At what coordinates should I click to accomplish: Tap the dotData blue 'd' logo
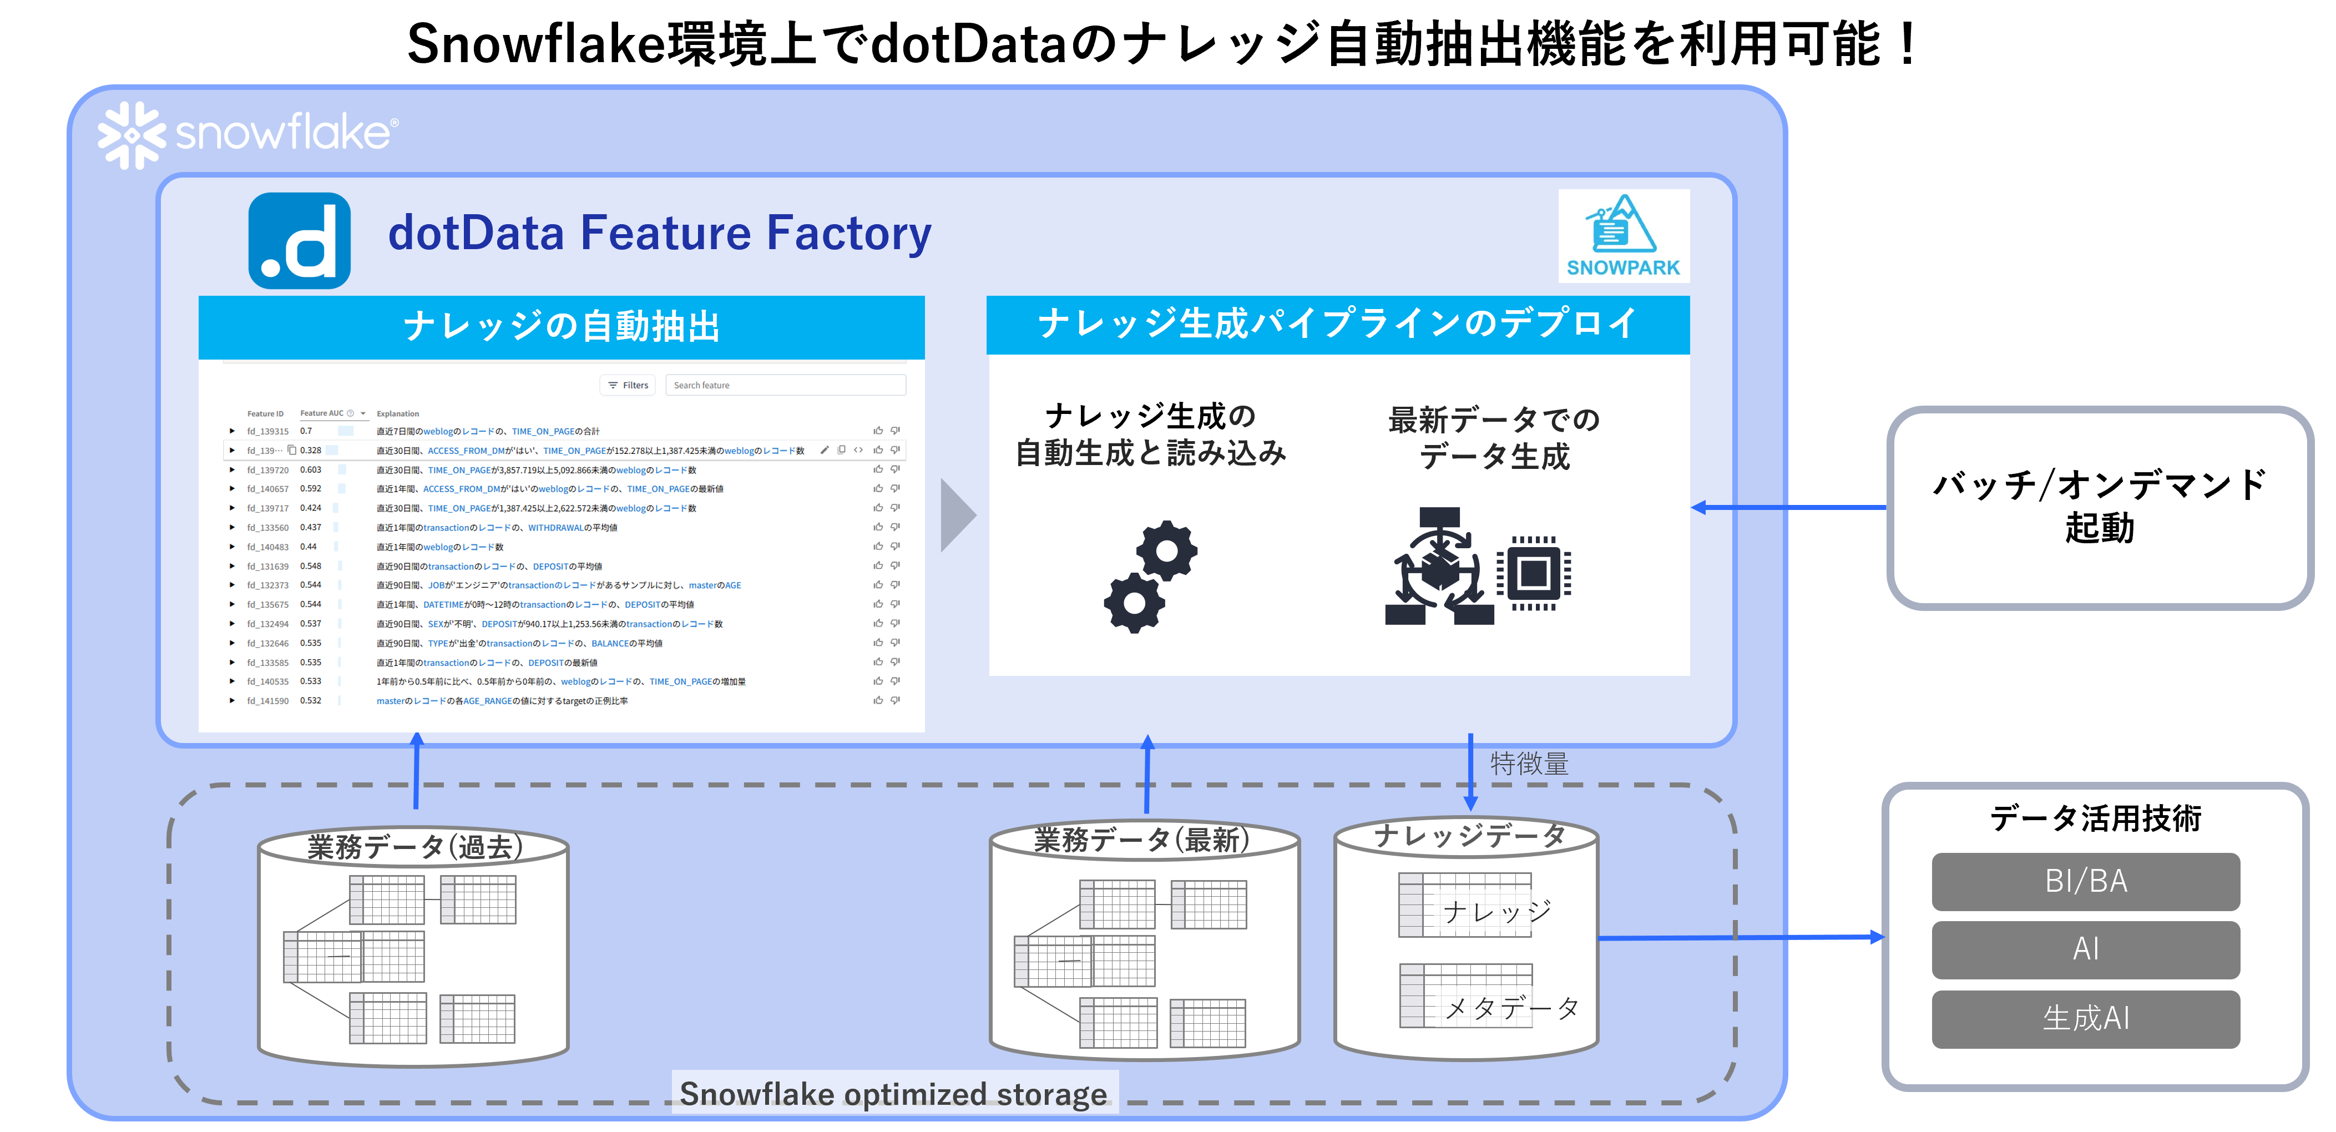299,240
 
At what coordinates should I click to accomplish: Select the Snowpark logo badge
1623,236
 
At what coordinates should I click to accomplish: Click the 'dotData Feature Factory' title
659,233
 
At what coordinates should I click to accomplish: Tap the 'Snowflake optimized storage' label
894,1094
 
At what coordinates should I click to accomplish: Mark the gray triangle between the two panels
956,515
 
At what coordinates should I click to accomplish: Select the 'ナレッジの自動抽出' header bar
562,326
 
